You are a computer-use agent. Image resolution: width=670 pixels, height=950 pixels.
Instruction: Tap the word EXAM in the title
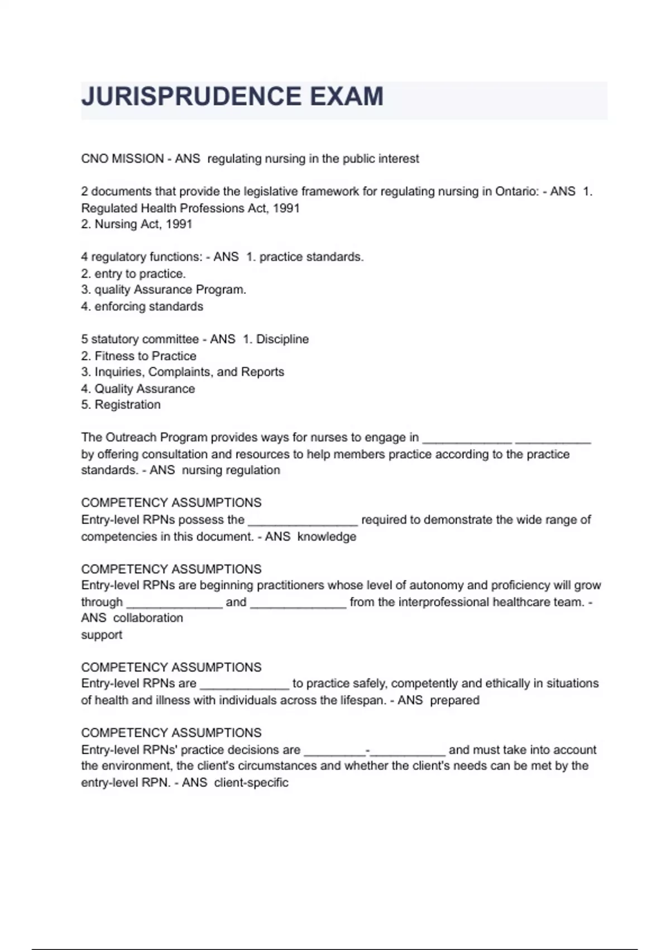click(x=347, y=97)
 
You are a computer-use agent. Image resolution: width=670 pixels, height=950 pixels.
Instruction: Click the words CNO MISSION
click(x=122, y=159)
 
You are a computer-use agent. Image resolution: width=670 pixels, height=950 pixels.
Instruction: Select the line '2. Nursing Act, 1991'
click(x=137, y=224)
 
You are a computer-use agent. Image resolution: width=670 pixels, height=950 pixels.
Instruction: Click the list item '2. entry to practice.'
click(x=133, y=274)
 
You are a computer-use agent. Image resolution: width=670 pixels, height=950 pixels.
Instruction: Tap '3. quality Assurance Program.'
click(x=164, y=290)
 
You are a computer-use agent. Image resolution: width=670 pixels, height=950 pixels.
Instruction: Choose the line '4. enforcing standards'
click(x=142, y=306)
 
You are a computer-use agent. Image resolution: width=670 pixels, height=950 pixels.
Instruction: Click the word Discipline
click(x=282, y=339)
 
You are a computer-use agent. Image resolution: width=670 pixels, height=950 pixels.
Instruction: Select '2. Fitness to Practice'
click(x=138, y=356)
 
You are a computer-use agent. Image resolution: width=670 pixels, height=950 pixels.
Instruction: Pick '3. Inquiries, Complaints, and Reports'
click(x=183, y=372)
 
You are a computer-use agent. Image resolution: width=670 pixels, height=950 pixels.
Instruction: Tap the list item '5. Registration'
click(x=121, y=405)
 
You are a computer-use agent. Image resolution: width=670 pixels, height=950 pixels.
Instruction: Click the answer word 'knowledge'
click(x=327, y=536)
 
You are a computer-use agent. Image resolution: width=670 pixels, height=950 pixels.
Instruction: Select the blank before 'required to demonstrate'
click(x=302, y=521)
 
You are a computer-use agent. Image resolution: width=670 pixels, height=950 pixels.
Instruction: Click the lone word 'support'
click(x=102, y=635)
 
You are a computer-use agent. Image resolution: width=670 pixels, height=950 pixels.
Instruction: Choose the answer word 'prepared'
click(x=454, y=700)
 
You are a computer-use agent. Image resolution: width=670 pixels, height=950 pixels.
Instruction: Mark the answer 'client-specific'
click(x=251, y=782)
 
